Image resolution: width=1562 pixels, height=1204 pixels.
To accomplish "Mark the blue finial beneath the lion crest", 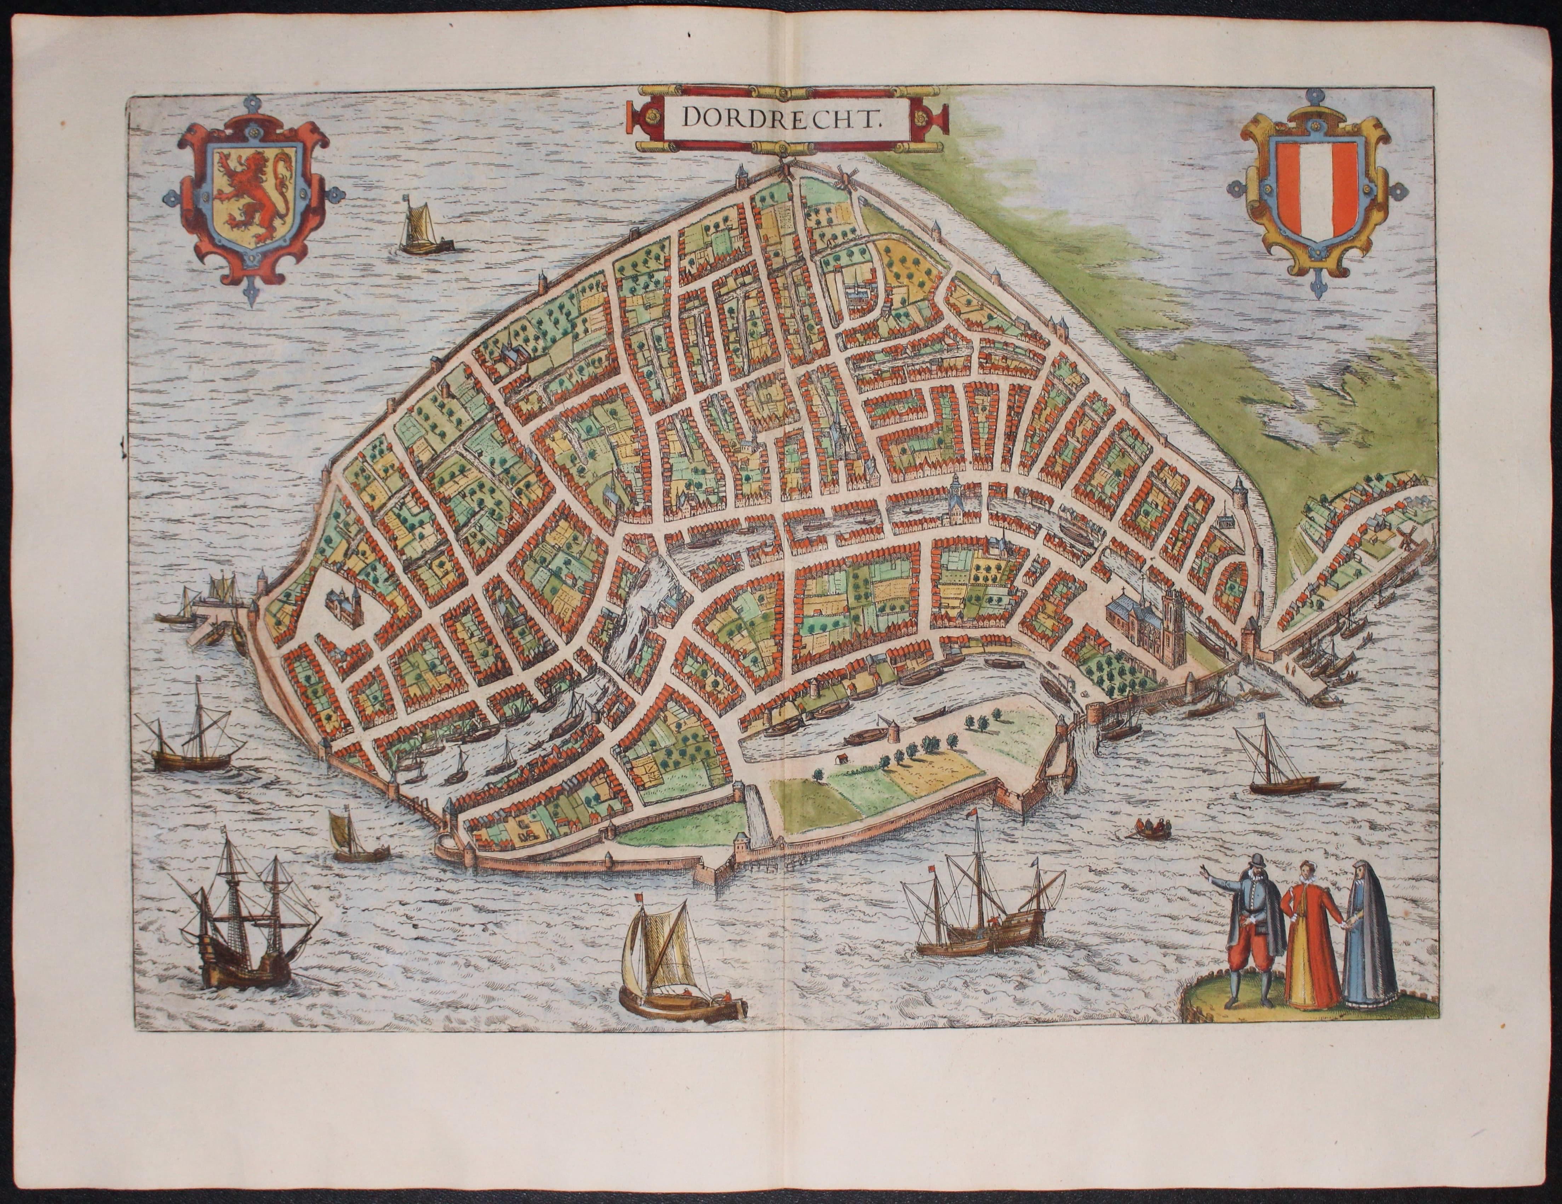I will [x=250, y=293].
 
